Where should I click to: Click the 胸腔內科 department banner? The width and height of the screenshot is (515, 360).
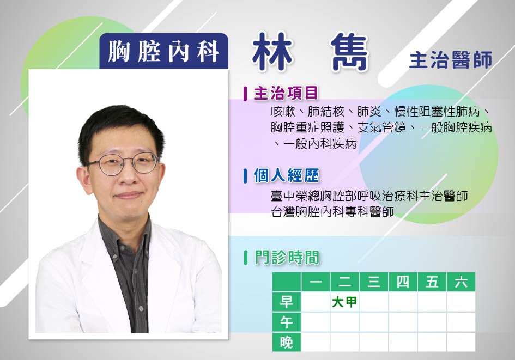click(164, 52)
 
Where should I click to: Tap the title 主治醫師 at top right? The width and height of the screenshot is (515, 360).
click(451, 60)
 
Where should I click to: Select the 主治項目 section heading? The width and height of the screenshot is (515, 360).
click(286, 93)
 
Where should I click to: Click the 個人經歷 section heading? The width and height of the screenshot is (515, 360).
click(287, 175)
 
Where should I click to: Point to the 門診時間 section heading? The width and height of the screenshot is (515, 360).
click(287, 257)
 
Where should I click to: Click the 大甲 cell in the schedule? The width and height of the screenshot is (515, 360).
click(344, 302)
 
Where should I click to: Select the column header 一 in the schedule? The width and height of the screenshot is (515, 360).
click(316, 282)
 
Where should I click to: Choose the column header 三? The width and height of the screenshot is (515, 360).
click(374, 282)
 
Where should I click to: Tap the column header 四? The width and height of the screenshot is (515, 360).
click(403, 282)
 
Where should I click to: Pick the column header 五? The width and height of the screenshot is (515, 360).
click(432, 282)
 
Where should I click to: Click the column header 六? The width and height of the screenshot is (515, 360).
click(461, 282)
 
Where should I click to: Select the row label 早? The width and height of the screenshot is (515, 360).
click(287, 302)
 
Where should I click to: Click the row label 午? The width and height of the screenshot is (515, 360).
click(287, 322)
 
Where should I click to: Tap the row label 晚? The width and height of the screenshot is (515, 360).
click(287, 342)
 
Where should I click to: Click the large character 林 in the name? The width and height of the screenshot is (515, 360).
click(272, 52)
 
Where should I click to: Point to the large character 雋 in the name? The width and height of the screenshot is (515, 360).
click(348, 52)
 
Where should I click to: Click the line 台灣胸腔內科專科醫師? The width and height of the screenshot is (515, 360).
click(332, 212)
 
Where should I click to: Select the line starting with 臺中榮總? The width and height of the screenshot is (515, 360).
click(369, 196)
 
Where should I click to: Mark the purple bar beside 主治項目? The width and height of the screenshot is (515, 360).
click(245, 94)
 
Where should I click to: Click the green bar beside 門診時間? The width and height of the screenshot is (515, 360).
click(246, 258)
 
